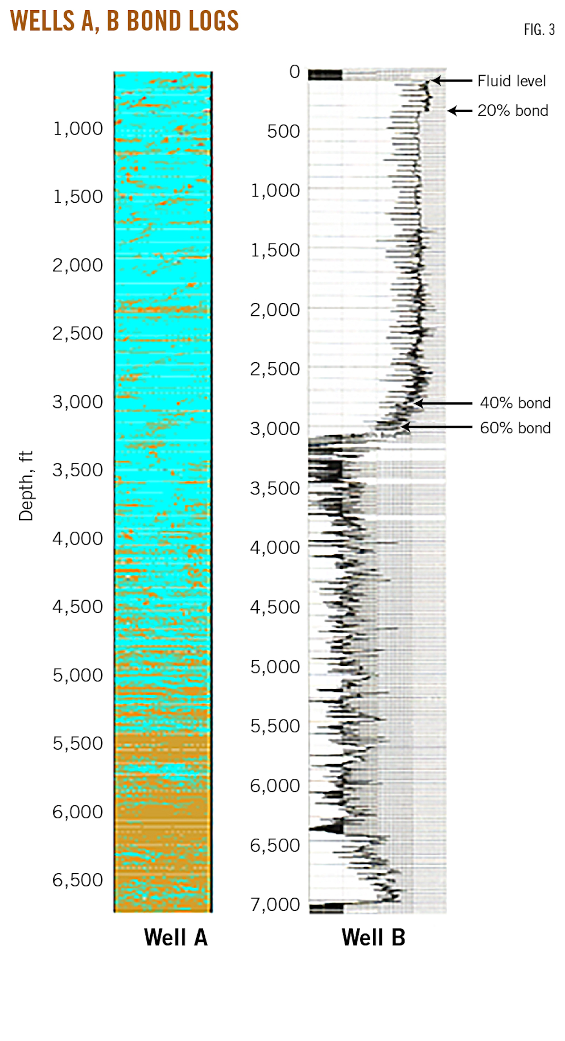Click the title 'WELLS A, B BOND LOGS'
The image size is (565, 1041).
click(124, 21)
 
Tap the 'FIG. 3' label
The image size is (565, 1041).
click(539, 30)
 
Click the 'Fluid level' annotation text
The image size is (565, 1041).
click(511, 81)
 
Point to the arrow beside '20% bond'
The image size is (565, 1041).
click(459, 110)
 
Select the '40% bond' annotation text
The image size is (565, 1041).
click(515, 403)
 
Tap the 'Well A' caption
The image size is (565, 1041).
click(175, 937)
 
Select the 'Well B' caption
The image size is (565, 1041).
click(373, 937)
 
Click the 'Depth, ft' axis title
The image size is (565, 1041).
click(26, 485)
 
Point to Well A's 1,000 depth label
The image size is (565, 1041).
click(78, 129)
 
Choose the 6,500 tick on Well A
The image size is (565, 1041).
click(78, 880)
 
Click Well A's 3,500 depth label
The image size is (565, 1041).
click(78, 470)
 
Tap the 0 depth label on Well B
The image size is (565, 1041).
click(294, 72)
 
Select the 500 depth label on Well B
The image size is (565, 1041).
click(283, 131)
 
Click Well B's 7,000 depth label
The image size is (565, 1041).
click(275, 905)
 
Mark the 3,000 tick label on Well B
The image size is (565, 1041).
click(275, 429)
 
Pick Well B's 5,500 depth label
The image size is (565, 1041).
click(275, 726)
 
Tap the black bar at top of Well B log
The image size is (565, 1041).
click(325, 75)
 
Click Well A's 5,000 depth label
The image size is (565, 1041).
click(78, 675)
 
